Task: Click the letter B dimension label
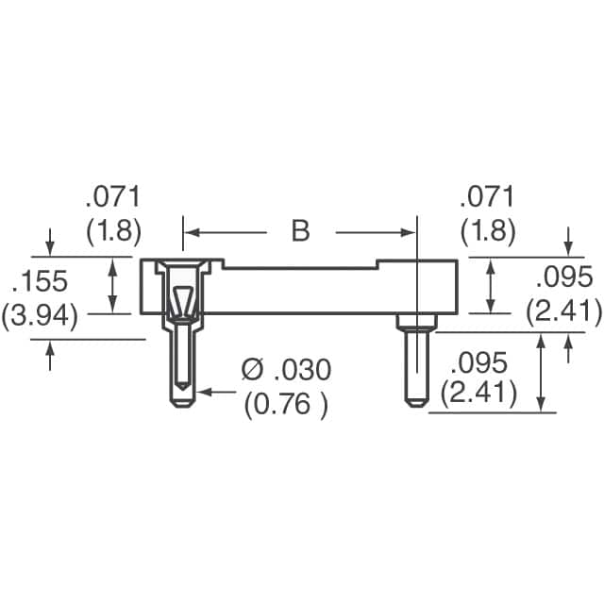[x=300, y=231]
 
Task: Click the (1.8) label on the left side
[x=113, y=230]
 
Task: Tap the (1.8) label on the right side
[x=487, y=230]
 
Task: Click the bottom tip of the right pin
[x=412, y=403]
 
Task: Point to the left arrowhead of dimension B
[x=190, y=232]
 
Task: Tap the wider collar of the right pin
[x=412, y=324]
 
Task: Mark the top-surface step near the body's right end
[x=377, y=264]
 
